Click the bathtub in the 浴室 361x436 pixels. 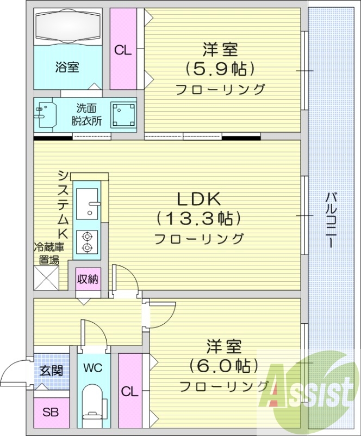pyautogui.click(x=68, y=27)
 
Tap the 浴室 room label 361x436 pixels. pyautogui.click(x=67, y=68)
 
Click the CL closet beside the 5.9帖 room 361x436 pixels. pyautogui.click(x=123, y=50)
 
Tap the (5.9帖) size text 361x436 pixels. pyautogui.click(x=220, y=69)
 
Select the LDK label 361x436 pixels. pyautogui.click(x=198, y=198)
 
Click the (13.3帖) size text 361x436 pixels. pyautogui.click(x=198, y=219)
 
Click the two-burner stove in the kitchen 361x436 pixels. pyautogui.click(x=86, y=241)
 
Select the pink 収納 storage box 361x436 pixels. pyautogui.click(x=87, y=280)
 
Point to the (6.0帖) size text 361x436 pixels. pyautogui.click(x=223, y=365)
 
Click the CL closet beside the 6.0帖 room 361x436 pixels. pyautogui.click(x=129, y=391)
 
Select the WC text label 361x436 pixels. pyautogui.click(x=93, y=367)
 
